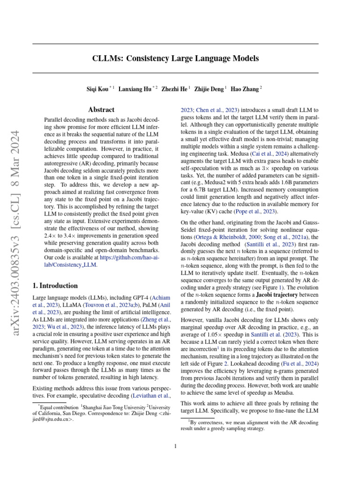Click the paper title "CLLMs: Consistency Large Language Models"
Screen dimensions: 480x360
point(175,59)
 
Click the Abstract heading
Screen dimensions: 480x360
point(101,110)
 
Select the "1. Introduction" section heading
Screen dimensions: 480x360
point(55,285)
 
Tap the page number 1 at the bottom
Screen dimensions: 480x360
point(175,446)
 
